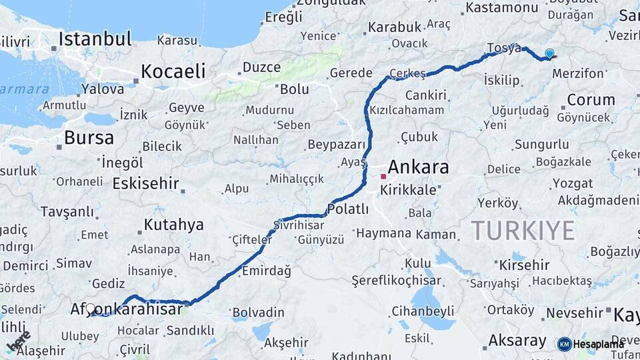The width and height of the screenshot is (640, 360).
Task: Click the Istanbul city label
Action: pos(95,39)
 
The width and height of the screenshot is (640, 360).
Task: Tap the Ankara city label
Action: pos(418,167)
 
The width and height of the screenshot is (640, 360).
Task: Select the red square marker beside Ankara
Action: pos(383,177)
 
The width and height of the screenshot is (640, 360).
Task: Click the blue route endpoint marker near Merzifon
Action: pos(549,53)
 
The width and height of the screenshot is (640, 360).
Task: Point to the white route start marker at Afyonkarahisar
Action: pos(91,309)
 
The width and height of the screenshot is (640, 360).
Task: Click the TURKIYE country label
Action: pos(523,231)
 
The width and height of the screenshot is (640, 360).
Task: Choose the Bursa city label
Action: pos(89,138)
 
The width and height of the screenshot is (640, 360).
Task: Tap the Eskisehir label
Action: pos(146,183)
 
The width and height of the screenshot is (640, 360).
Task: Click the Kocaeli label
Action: pos(172,71)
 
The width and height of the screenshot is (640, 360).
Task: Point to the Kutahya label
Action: pos(173,225)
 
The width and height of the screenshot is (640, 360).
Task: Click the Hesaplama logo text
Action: pos(599,344)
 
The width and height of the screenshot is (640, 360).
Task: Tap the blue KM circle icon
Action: pos(564,344)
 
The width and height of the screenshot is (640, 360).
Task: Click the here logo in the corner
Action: pos(18,341)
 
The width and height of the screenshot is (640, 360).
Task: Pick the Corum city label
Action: pos(591,100)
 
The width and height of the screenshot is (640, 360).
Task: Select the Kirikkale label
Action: pos(408,190)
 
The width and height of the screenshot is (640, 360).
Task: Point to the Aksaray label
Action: pos(517,341)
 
